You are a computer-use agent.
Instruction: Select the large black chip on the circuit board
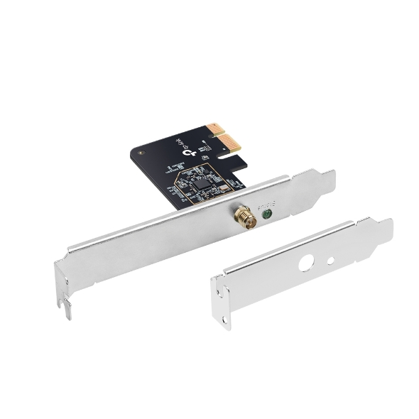pyautogui.click(x=202, y=182)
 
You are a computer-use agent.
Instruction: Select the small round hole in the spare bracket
pyautogui.click(x=330, y=261)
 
